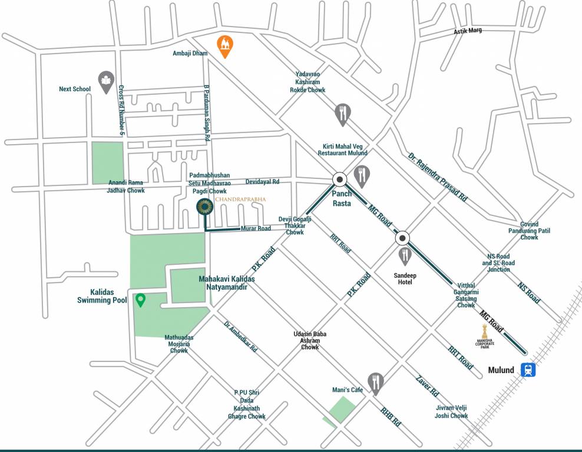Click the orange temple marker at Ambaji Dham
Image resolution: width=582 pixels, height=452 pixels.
224,45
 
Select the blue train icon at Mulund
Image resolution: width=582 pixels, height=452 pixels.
528,370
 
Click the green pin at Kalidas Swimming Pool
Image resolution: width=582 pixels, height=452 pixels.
140,300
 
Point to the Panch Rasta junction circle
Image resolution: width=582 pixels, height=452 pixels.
340,180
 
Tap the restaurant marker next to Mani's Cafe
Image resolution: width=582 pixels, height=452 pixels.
376,383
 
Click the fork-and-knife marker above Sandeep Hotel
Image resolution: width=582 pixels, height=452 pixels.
404,255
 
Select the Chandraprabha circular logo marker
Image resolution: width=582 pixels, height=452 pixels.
204,206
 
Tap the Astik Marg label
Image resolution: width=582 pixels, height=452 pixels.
467,31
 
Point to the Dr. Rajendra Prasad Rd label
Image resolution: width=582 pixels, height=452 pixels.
437,177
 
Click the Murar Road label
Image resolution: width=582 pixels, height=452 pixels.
256,228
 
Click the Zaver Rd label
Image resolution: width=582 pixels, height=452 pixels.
426,385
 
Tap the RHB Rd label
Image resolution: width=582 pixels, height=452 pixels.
390,417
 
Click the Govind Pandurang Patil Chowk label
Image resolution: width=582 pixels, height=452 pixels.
529,231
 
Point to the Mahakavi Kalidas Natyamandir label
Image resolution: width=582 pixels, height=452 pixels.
222,282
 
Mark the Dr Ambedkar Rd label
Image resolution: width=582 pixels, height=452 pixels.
240,337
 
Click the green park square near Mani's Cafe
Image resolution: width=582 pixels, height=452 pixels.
342,408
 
